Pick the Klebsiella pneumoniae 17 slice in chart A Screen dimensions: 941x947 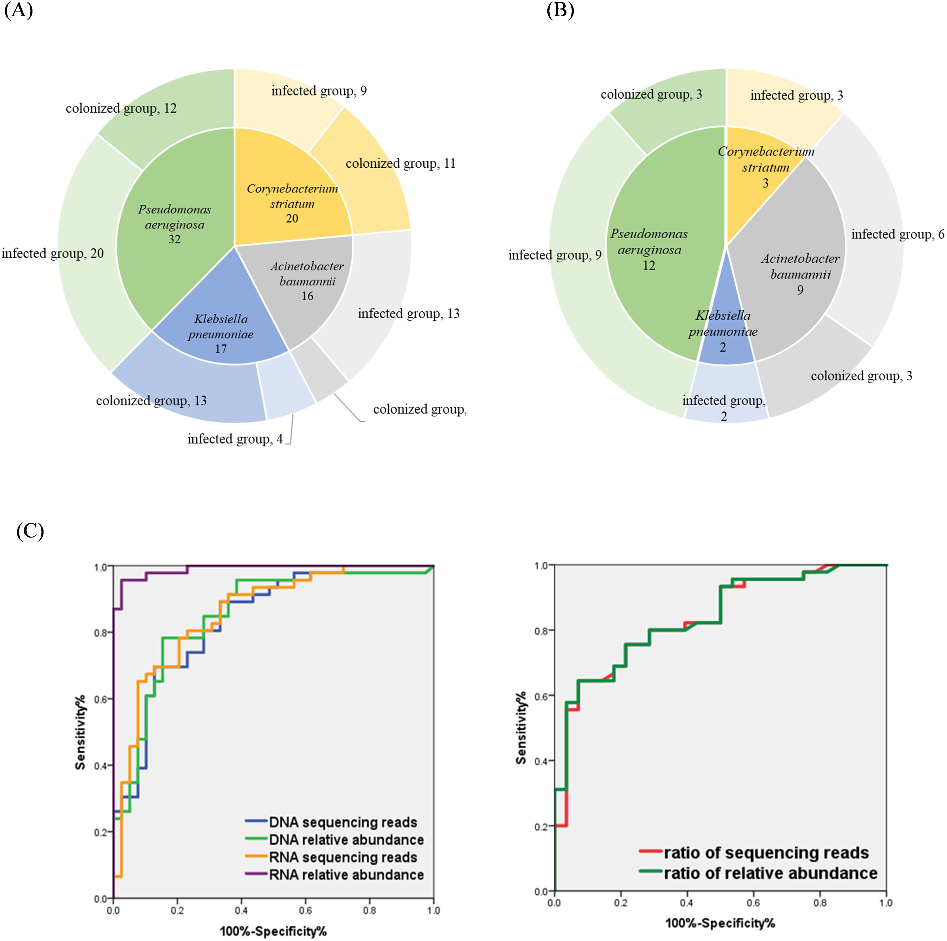coord(221,333)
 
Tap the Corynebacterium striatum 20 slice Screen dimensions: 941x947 coord(292,203)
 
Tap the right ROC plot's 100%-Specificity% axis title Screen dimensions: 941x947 coord(720,923)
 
